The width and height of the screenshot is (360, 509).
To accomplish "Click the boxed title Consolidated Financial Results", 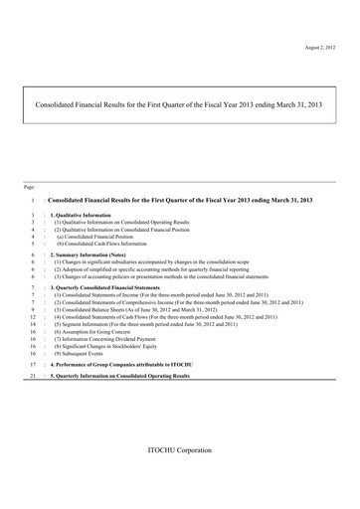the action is [x=178, y=102].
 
